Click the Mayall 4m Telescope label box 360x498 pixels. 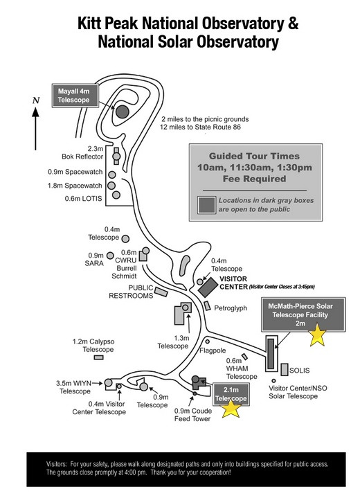pos(75,96)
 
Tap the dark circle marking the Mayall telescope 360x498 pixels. pos(123,112)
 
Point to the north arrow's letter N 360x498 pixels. pos(36,100)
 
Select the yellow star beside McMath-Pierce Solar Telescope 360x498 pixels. pos(317,335)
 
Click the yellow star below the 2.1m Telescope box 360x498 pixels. pos(231,408)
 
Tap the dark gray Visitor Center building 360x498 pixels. pos(208,287)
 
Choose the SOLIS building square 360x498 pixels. pos(285,369)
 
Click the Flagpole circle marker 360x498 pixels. pos(207,341)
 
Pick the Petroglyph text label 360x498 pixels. pos(231,308)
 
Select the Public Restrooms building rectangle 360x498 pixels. pos(161,292)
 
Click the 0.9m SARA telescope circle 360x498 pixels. pos(110,256)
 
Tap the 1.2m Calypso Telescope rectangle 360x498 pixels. pos(99,357)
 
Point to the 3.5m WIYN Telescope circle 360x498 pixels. pos(109,383)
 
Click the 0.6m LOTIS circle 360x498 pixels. pos(116,195)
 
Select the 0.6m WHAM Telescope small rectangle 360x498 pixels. pos(244,357)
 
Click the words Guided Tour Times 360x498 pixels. pos(254,156)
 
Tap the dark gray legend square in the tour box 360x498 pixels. pos(207,205)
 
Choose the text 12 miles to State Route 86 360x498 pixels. pos(201,127)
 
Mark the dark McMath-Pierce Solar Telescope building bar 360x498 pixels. pos(271,353)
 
